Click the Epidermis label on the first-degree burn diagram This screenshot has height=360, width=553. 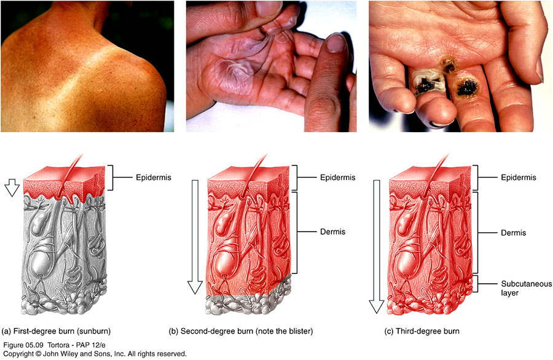tap(154, 178)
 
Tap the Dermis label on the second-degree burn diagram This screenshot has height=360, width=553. tap(332, 232)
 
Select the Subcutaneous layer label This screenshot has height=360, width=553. tap(526, 288)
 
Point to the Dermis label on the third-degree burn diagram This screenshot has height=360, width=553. tap(514, 233)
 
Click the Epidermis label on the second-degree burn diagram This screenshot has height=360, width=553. tap(337, 178)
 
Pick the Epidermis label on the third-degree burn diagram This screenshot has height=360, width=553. tap(519, 178)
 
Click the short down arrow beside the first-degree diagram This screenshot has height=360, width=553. tap(12, 187)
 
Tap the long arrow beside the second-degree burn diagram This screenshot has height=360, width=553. tap(195, 237)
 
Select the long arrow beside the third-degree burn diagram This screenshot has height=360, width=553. tap(376, 246)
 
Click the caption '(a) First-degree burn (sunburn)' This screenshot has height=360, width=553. tap(57, 331)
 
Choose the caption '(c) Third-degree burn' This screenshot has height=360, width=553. tap(422, 331)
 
